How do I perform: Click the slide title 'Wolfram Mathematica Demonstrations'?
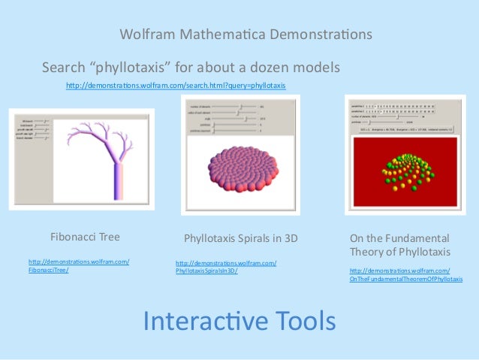point(246,35)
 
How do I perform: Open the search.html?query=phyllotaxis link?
point(176,86)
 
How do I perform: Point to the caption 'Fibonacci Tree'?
point(85,237)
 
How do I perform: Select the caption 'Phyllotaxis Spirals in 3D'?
point(240,238)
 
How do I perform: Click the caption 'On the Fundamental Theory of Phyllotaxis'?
point(399,244)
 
